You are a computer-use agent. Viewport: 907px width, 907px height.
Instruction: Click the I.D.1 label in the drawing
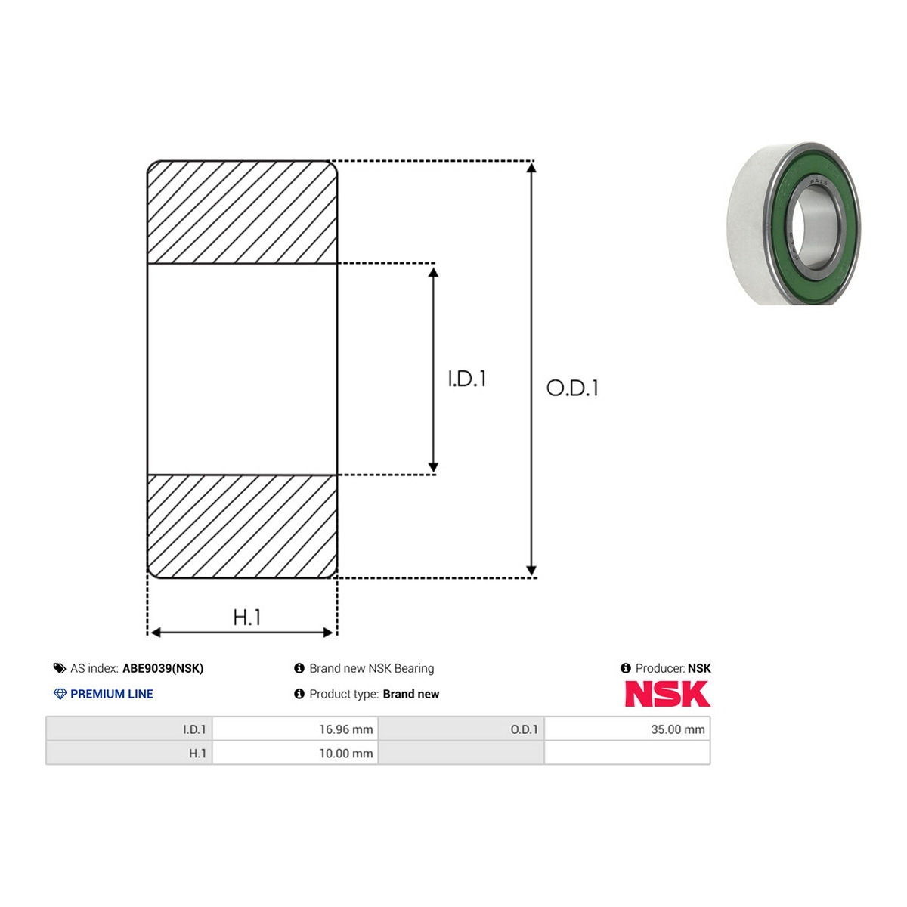(x=467, y=379)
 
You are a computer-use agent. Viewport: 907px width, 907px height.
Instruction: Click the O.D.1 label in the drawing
(x=572, y=388)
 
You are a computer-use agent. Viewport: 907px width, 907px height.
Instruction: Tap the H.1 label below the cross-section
(x=247, y=617)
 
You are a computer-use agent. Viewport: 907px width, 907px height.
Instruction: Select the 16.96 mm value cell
(x=295, y=729)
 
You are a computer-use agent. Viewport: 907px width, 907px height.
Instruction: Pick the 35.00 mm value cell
(x=627, y=729)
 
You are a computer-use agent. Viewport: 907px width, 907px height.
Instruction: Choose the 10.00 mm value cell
(x=295, y=753)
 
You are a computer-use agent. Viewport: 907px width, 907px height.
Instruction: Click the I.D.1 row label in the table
(x=194, y=729)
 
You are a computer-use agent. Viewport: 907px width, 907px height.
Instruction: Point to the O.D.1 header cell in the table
(x=461, y=729)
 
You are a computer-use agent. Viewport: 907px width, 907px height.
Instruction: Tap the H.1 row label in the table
(x=198, y=754)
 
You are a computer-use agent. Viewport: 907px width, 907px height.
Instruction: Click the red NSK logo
(x=667, y=694)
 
